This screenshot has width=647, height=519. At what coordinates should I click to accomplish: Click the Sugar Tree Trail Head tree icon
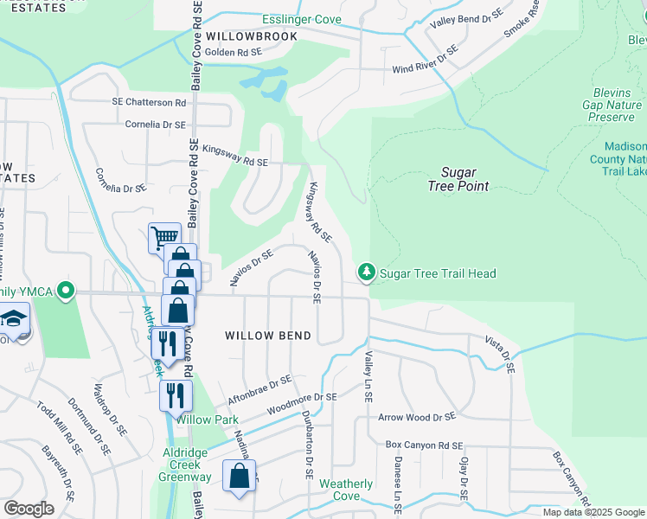point(367,273)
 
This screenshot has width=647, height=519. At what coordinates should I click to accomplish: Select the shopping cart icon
point(163,236)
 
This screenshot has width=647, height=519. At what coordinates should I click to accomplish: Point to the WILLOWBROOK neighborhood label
point(252,36)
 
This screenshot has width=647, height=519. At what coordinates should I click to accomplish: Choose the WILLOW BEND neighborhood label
point(261,334)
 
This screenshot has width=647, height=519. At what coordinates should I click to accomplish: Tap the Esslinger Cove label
point(302,19)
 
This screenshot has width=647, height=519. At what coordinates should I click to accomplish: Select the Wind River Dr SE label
point(425,62)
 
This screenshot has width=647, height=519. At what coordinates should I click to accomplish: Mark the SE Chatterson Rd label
point(149,101)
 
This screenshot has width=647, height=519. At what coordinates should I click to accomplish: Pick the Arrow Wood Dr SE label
point(417,417)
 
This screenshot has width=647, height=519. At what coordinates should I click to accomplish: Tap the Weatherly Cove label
point(346,490)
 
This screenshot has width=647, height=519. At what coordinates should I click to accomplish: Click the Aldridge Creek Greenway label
point(187,465)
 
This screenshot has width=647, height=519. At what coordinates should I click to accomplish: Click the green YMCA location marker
point(64,291)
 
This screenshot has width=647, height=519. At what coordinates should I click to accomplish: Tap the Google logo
point(28,509)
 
